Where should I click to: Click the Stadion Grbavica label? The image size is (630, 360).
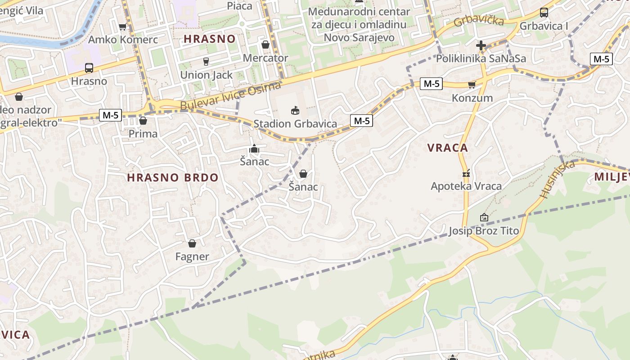(295, 124)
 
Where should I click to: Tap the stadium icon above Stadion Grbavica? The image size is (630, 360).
(295, 110)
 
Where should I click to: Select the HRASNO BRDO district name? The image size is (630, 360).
(172, 177)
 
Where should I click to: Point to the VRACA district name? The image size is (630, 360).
(447, 148)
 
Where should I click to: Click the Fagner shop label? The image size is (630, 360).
(192, 256)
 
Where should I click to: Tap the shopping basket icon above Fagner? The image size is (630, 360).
(192, 243)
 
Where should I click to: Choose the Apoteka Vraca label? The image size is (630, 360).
(466, 186)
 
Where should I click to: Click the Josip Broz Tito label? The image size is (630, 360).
(484, 231)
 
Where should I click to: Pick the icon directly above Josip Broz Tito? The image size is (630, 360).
(484, 218)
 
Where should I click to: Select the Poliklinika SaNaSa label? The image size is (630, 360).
(481, 58)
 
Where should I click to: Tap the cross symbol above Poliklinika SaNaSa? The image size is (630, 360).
(481, 45)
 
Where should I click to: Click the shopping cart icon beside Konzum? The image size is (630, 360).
(472, 85)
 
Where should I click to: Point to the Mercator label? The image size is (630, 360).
(265, 58)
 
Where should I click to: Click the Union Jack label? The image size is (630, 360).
(206, 75)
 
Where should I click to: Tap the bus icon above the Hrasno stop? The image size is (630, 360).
(89, 68)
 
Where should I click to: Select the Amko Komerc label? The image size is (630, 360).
(123, 40)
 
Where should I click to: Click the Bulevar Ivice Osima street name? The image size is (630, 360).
(230, 95)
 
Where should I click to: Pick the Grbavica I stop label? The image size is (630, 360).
(544, 26)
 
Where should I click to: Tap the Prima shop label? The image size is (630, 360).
(143, 134)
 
